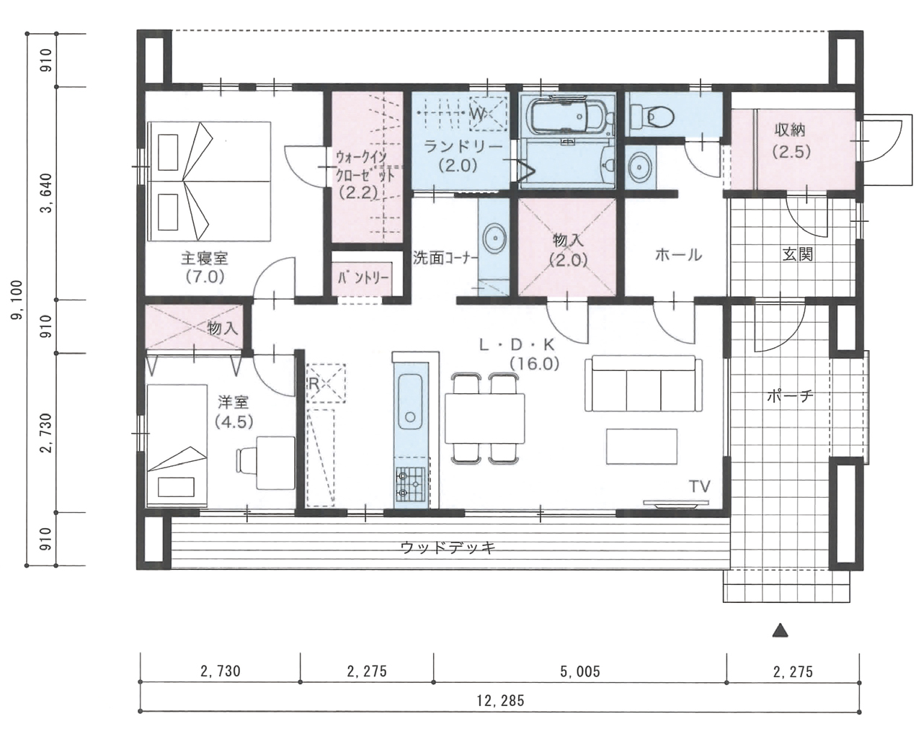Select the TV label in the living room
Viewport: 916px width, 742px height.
tap(700, 486)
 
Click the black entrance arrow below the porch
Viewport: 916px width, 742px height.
tap(780, 630)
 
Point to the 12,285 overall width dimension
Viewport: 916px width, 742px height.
tap(500, 700)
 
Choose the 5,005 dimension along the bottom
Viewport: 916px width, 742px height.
tap(579, 671)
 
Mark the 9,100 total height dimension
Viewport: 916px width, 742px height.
tap(17, 300)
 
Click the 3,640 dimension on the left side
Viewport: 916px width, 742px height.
tap(46, 192)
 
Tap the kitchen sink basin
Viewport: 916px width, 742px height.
tap(410, 401)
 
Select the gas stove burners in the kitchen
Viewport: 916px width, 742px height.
tap(410, 483)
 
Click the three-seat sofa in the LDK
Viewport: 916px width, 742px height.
tap(644, 383)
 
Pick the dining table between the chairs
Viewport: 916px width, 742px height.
tap(484, 418)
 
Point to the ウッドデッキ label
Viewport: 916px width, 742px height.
tap(448, 547)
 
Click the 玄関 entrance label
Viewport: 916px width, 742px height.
tap(797, 254)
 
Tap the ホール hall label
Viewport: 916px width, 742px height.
tap(678, 254)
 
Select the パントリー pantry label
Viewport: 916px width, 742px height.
tap(363, 278)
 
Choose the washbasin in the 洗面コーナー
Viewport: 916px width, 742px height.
tap(494, 238)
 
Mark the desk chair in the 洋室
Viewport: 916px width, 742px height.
tap(247, 460)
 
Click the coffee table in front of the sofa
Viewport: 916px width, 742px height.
tap(641, 446)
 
